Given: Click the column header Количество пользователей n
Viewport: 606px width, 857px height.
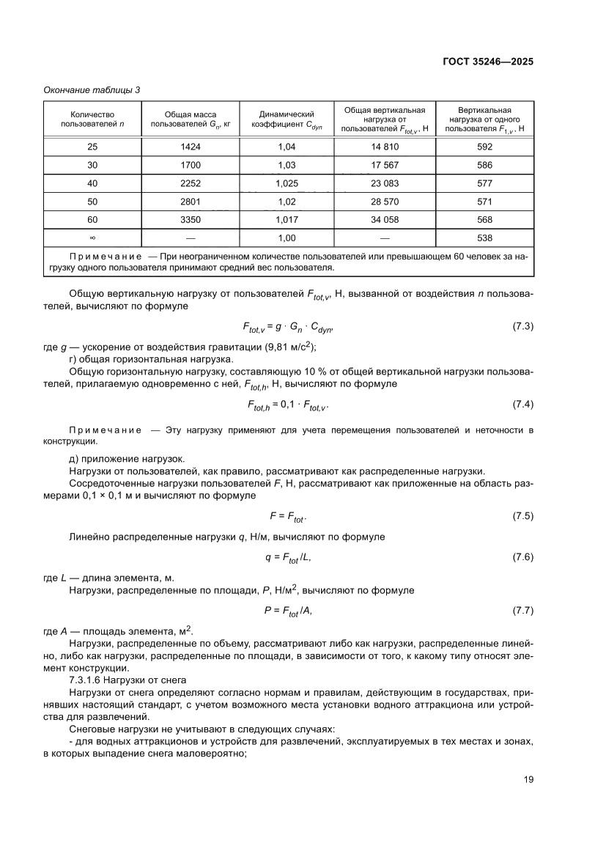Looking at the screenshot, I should point(92,119).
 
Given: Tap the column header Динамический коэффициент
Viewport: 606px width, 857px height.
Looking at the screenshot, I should point(287,119).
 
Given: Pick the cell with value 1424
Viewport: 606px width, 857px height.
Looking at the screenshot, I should point(190,147).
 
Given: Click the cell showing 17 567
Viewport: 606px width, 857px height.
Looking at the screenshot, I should point(385,165).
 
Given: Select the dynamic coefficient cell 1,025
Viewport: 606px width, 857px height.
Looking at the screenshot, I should point(287,183).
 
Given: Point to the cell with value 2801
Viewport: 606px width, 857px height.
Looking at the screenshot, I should point(190,202).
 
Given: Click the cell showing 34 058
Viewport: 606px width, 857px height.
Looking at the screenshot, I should point(385,219).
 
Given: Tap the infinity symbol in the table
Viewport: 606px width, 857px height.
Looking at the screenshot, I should point(92,238).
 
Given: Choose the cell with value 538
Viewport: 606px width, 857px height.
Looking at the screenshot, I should point(484,238).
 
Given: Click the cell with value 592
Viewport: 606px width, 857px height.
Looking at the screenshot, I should point(484,147).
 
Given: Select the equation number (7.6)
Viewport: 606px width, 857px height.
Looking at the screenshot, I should point(522,558).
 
